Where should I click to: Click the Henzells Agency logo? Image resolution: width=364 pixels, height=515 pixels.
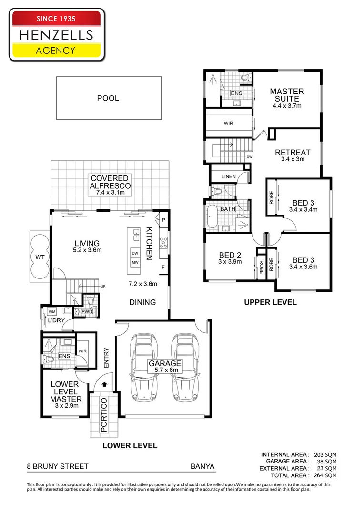56,34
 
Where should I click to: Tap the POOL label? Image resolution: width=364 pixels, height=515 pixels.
108,98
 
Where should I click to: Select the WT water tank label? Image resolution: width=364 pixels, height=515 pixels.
39,257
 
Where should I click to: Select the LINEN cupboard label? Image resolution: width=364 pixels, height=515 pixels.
228,177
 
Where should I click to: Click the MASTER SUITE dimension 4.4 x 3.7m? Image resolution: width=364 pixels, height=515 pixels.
287,106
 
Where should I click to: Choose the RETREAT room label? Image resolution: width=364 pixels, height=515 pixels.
293,153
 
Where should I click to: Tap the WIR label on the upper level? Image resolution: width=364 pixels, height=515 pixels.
228,123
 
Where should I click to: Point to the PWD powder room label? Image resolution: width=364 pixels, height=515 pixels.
87,312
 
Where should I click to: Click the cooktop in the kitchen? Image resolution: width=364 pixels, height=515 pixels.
163,242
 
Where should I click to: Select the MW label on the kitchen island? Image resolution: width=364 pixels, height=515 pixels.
135,263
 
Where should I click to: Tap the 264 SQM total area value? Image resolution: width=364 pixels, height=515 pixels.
325,475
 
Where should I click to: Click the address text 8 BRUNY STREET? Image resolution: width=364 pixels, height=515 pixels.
58,467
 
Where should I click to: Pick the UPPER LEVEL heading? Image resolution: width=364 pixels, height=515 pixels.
270,302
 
